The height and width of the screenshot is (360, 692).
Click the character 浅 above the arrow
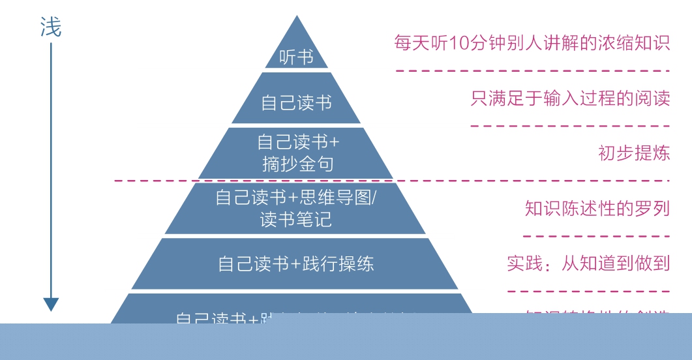[51, 27]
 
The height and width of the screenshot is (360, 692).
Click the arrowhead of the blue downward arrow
[51, 304]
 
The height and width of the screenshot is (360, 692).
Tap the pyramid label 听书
[296, 57]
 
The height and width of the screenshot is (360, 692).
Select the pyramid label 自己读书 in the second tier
[296, 102]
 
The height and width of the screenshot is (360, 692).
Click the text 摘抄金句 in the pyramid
[297, 164]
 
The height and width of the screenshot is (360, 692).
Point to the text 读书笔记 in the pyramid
[296, 219]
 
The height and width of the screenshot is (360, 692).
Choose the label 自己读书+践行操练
[296, 263]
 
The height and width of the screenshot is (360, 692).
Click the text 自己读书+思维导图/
[296, 197]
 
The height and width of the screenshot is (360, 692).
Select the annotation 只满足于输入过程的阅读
[570, 98]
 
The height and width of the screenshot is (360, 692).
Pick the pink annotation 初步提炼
[634, 153]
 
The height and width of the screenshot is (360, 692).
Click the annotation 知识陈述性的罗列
[597, 209]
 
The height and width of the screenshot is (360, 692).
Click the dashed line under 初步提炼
[391, 181]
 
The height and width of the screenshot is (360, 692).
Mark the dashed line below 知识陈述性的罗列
[596, 237]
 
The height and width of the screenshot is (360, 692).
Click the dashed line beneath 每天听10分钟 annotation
[532, 70]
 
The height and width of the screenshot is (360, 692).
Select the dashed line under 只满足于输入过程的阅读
[570, 126]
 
